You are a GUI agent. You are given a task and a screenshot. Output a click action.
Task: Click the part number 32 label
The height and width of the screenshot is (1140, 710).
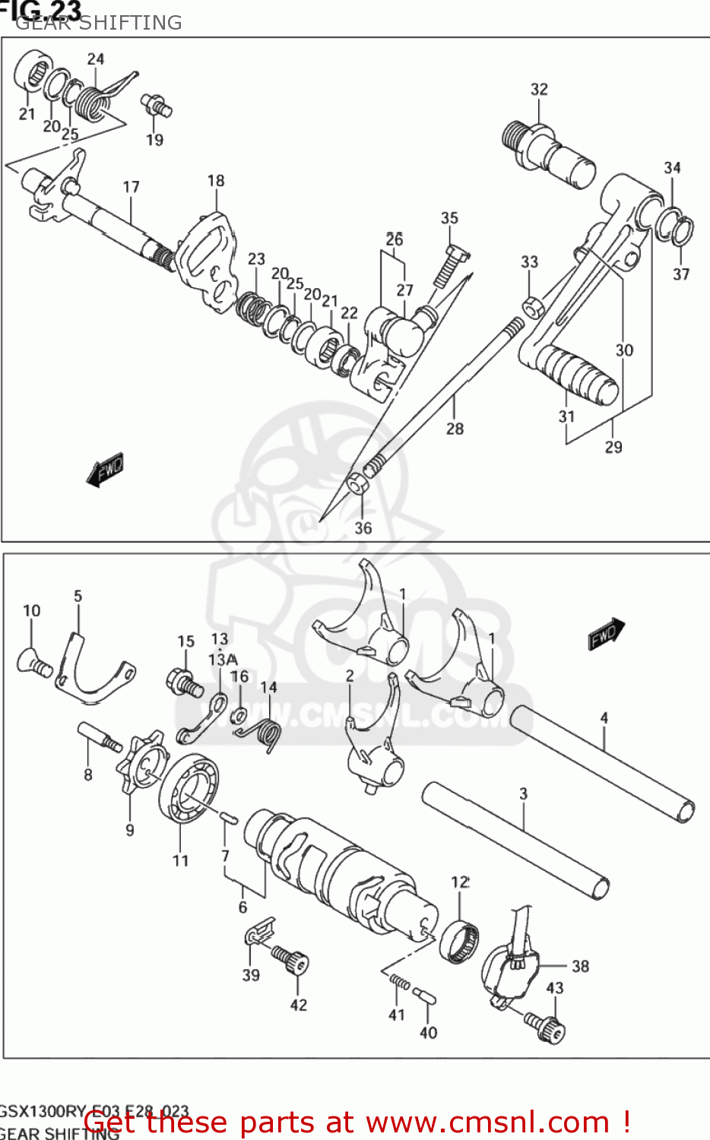pos(539,89)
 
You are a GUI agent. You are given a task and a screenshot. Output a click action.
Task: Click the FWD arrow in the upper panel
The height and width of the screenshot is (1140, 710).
pos(105,470)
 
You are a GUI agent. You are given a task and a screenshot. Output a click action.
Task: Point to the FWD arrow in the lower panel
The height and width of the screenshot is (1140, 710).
pos(606,634)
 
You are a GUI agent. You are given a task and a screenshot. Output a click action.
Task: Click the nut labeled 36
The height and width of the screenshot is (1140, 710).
pos(357,483)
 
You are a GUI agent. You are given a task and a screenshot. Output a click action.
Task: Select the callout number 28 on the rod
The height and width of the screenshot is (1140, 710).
pos(455,429)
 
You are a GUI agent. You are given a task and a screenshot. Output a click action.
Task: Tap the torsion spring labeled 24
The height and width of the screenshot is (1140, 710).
pos(95,102)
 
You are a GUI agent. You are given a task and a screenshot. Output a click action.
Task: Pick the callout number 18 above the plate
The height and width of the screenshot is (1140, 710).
pos(216,181)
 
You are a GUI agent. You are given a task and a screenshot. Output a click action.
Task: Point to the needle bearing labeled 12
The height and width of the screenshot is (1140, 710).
pos(460,941)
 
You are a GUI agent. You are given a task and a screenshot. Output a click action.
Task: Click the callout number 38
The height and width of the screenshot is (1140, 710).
pos(580,966)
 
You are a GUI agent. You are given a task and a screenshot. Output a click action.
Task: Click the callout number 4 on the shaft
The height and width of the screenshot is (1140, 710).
pos(604,717)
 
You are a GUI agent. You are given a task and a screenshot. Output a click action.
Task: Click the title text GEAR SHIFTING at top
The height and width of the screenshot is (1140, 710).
pos(99,23)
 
